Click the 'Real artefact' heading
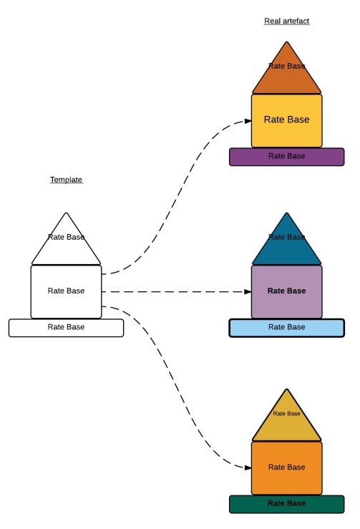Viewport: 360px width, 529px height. [286, 21]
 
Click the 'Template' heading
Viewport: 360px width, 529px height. [66, 180]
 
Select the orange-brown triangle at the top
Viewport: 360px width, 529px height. [286, 75]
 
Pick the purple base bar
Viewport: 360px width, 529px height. [286, 156]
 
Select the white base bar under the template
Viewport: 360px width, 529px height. [66, 327]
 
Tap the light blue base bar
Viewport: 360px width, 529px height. [286, 327]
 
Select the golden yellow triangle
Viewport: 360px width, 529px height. [286, 422]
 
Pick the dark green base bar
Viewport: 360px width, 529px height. [286, 503]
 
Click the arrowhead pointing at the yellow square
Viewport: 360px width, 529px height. [245, 120]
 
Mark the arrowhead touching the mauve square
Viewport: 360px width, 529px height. [245, 292]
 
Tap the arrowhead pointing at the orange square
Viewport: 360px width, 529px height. [245, 467]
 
